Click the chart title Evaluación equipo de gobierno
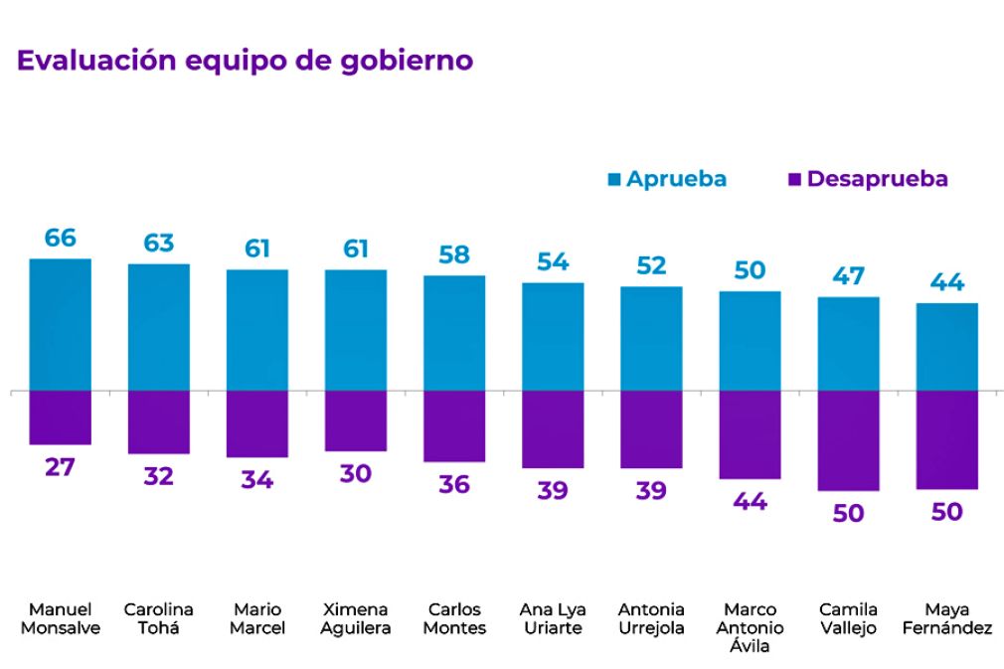coord(245,61)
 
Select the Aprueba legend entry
coord(667,179)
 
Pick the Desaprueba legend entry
coord(868,179)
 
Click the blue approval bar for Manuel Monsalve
coord(61,324)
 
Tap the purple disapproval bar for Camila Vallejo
coord(849,440)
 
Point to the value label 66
coord(61,239)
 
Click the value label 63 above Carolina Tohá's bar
coord(158,244)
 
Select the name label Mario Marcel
coord(257,618)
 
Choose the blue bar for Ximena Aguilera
coord(356,330)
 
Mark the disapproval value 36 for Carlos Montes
coord(454,484)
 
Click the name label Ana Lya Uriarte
coord(553,618)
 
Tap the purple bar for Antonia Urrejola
coord(651,429)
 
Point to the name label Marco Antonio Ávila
coord(751,627)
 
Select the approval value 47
coord(849,276)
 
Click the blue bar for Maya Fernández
coord(947,347)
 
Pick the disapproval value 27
coord(61,467)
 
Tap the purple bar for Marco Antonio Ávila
coord(751,434)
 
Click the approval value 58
coord(454,254)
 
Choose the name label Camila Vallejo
coord(849,618)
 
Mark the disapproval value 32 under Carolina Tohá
coord(158,476)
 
